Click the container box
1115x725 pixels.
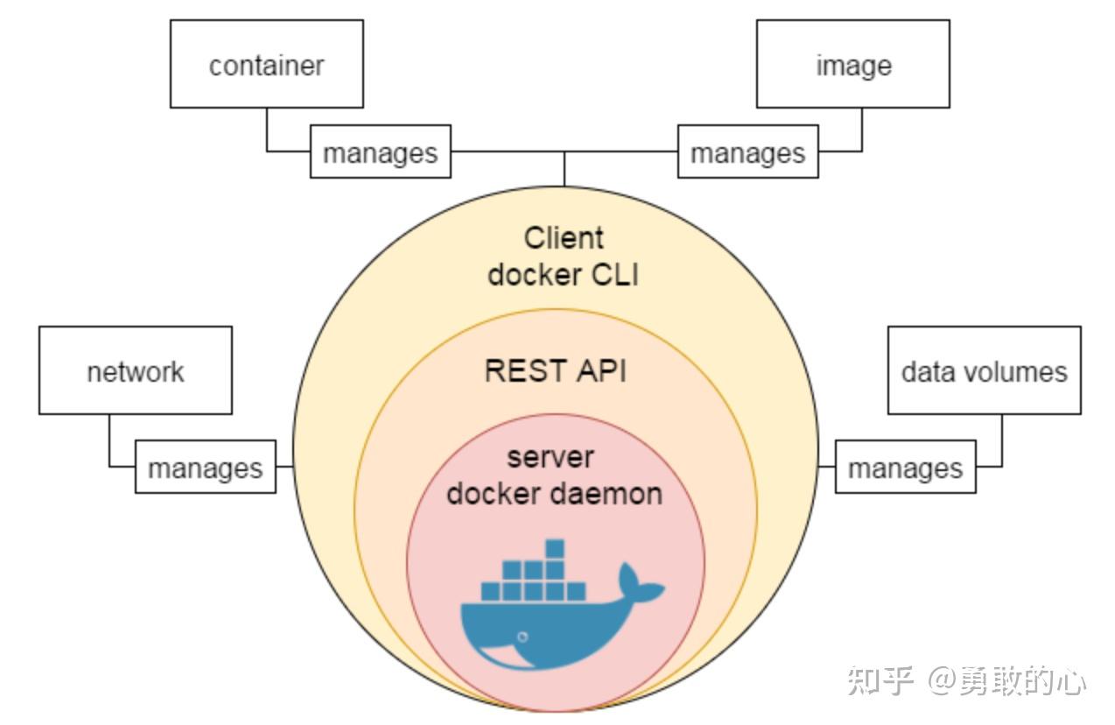(266, 64)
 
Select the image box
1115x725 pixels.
(852, 64)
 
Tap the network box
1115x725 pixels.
(135, 370)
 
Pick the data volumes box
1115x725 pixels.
(984, 370)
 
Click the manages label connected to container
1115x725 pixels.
(380, 152)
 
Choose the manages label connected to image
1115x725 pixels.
(747, 152)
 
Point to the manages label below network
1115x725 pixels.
(205, 468)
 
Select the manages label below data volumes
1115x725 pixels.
(905, 468)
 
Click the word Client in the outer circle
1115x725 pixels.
(564, 238)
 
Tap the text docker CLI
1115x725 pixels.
(564, 274)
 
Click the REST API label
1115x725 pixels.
(556, 370)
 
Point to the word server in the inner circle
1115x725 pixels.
(550, 457)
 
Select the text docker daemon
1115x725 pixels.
(555, 493)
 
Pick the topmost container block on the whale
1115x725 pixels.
(554, 549)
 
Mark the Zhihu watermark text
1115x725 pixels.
(966, 680)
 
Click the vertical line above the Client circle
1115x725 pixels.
(565, 168)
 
